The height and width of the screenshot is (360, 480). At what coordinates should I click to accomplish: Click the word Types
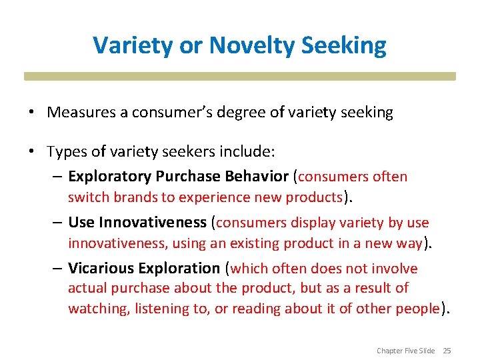pos(65,152)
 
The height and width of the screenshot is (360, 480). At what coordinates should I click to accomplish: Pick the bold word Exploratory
pos(110,177)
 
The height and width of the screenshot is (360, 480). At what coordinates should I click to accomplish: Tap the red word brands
pos(127,197)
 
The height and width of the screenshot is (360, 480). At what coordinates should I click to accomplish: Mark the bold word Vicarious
pos(101,269)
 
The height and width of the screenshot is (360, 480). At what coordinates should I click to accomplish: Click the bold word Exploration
pos(179,269)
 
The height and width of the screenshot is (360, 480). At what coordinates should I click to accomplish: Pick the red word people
pos(417,309)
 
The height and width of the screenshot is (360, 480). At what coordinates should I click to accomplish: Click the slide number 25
pos(447,351)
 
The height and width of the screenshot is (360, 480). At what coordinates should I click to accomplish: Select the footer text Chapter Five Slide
pos(405,351)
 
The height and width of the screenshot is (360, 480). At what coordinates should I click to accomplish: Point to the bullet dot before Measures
pos(32,113)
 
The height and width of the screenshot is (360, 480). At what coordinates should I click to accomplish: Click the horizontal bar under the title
pos(240,77)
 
